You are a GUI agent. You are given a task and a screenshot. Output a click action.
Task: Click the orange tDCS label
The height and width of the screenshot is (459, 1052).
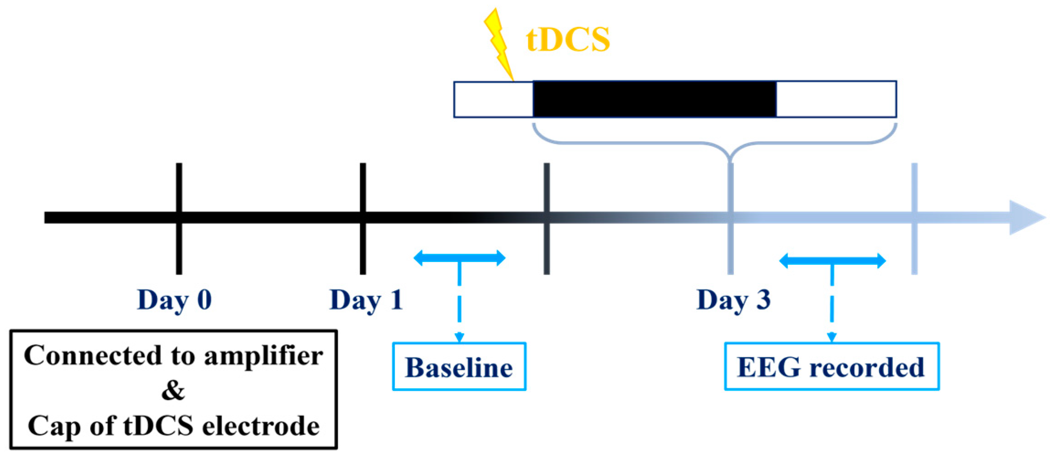click(568, 39)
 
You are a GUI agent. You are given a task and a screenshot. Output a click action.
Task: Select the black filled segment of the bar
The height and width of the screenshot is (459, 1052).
click(654, 99)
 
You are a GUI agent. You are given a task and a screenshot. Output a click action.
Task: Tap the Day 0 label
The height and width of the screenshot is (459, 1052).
click(175, 300)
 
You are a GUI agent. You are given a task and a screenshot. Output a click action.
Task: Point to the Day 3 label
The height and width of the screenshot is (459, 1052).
click(733, 300)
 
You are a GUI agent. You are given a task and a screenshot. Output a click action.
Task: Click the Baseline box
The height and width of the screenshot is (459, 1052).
click(459, 367)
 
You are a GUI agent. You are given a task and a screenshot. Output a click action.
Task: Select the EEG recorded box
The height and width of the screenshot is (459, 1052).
click(832, 367)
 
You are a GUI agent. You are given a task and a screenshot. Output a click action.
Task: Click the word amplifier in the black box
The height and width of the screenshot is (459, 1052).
click(264, 356)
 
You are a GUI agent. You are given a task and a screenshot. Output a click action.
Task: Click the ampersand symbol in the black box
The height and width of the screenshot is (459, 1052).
click(173, 391)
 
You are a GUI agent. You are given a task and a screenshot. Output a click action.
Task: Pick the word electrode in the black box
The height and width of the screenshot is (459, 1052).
click(261, 426)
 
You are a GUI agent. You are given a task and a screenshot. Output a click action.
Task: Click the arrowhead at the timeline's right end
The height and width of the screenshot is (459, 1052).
click(1026, 218)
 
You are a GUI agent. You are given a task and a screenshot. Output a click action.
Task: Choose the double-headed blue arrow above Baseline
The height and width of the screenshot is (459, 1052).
click(459, 258)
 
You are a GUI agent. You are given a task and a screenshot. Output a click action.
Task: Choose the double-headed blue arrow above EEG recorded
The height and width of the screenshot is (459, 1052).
click(832, 261)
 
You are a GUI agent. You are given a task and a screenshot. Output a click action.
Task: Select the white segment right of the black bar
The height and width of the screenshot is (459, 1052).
click(836, 99)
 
